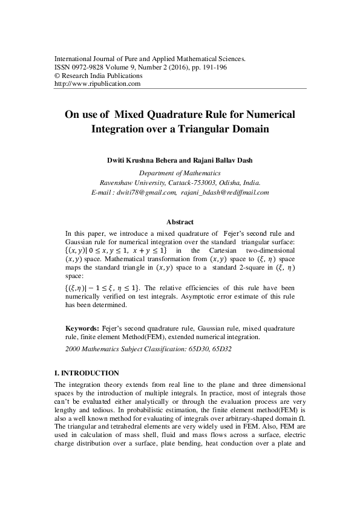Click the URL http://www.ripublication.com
(x=97, y=84)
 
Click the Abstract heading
(x=180, y=222)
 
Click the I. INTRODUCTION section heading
(x=87, y=373)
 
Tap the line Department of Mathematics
(x=179, y=172)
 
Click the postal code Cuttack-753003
(x=180, y=182)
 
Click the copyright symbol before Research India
(x=57, y=76)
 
